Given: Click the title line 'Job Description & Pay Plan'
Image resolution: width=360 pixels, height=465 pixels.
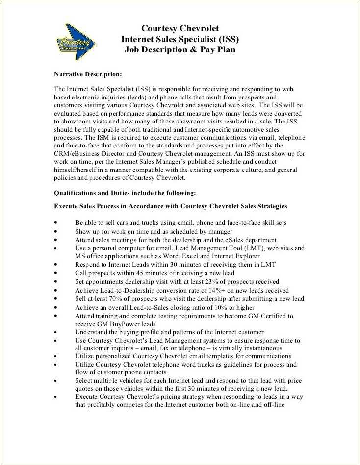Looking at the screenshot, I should coord(180,50).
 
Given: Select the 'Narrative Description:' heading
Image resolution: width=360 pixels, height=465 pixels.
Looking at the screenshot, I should coord(87,74).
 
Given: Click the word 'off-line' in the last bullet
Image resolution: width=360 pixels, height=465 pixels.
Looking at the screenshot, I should coord(273,405).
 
